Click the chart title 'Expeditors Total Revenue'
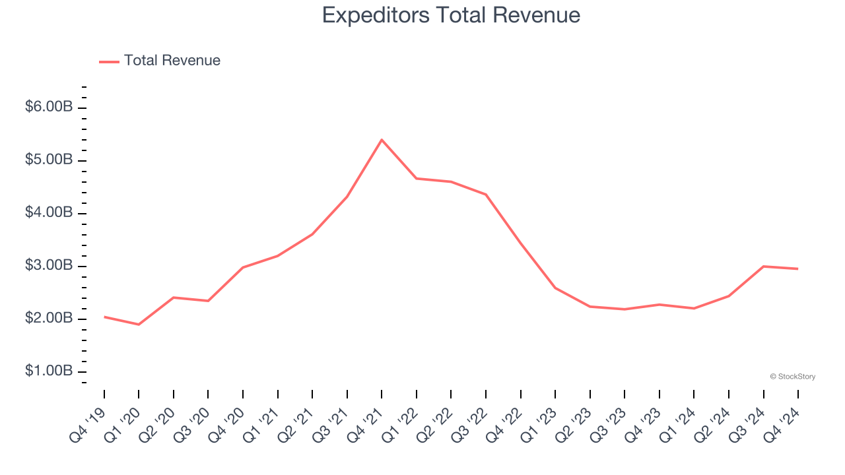pos(451,15)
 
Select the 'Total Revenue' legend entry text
pos(172,61)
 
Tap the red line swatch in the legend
pos(109,61)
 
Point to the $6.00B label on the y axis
pos(49,107)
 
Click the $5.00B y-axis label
pos(49,160)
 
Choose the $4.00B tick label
pos(49,212)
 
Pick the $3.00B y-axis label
pos(49,265)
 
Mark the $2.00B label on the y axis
pos(49,318)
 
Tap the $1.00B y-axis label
pos(49,371)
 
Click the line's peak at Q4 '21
pos(382,140)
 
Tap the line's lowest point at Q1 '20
pos(139,325)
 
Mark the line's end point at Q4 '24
pos(798,269)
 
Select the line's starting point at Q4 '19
pos(104,317)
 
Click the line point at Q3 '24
pos(764,266)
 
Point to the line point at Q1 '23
pos(555,288)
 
